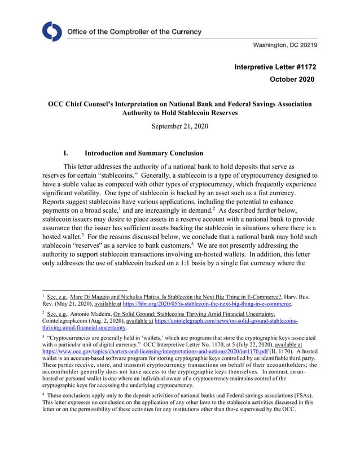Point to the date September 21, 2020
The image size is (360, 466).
click(180, 126)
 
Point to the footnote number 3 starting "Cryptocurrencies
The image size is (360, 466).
click(44, 336)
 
